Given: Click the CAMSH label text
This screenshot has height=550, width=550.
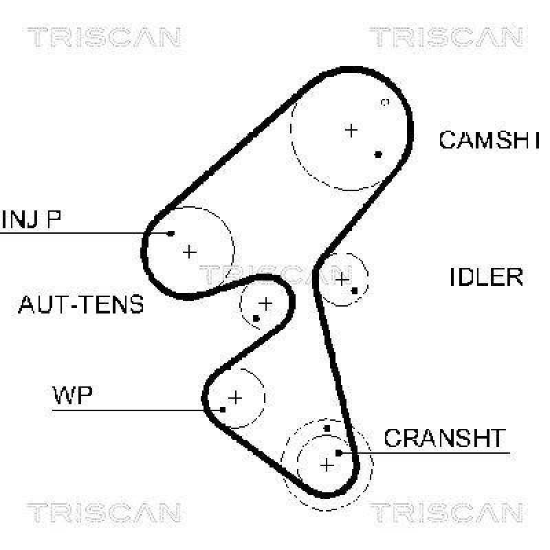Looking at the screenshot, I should click(488, 140).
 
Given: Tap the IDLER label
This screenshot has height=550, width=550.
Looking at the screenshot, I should click(486, 277).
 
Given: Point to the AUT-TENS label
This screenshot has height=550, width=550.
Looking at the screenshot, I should click(81, 304).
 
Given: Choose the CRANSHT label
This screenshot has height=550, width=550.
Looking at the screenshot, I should click(444, 438).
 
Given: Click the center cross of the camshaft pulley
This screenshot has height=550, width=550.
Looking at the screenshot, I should click(351, 129).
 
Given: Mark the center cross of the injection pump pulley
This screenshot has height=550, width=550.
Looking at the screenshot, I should click(189, 252).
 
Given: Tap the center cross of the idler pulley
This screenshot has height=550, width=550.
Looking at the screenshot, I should click(342, 278).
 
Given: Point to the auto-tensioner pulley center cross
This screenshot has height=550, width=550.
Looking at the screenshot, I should click(265, 302).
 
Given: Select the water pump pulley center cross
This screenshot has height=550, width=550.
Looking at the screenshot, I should click(235, 397).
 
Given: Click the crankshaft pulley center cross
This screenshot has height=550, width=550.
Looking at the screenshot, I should click(327, 465).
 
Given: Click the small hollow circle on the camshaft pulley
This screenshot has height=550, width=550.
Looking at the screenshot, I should click(385, 102).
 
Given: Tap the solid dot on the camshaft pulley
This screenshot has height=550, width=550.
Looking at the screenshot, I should click(378, 154).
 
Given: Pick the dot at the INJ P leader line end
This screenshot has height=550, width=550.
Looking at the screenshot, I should click(171, 233).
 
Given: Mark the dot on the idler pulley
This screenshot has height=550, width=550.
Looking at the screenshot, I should click(355, 290).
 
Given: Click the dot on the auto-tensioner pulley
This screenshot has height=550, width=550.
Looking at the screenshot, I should click(256, 318).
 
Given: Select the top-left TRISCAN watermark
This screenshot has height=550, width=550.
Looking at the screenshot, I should click(103, 37).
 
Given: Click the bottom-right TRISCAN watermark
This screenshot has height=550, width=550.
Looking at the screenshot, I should click(446, 513).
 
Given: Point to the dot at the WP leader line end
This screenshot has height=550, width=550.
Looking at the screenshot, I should click(223, 410).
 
